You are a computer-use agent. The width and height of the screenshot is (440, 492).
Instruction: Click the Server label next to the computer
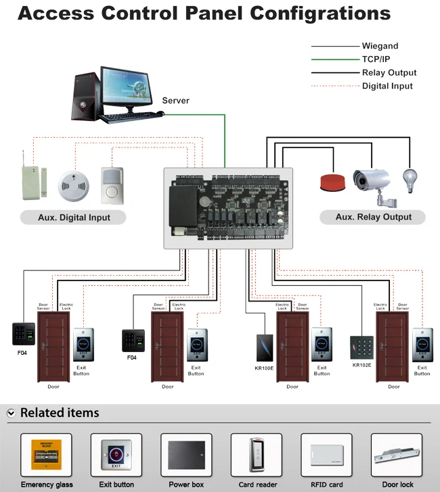click(x=175, y=101)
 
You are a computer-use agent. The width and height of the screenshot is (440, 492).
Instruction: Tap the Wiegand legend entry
click(x=380, y=46)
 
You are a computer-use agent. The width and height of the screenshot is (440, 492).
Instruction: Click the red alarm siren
click(x=332, y=182)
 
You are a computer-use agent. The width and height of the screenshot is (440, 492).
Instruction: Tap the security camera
click(x=372, y=181)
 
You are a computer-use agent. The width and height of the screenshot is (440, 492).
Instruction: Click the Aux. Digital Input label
click(x=74, y=218)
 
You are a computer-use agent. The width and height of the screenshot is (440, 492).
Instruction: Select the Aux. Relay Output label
click(x=373, y=217)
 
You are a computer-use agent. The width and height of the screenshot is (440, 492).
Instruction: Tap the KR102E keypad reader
click(x=361, y=347)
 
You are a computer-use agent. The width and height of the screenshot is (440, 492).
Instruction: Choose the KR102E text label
click(x=362, y=365)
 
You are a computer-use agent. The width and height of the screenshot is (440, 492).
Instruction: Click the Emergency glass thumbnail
click(x=46, y=456)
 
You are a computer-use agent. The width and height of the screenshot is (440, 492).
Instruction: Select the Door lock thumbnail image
click(x=397, y=456)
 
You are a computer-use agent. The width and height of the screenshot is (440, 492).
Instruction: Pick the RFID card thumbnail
click(x=326, y=456)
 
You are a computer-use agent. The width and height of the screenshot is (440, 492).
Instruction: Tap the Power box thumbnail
click(x=186, y=456)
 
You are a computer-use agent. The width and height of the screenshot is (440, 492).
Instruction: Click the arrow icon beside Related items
click(x=12, y=413)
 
